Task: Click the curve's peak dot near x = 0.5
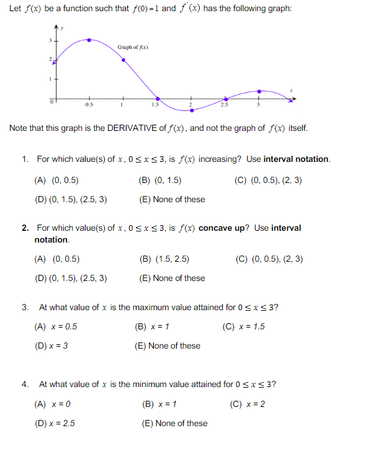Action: tap(89, 40)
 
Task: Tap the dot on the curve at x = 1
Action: tap(123, 60)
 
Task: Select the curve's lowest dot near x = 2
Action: tap(192, 110)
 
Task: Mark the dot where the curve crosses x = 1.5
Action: tap(158, 99)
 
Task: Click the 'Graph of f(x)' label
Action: tap(133, 47)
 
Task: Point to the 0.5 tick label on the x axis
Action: tap(89, 105)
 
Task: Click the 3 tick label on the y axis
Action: tap(52, 40)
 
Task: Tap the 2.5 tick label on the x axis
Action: tap(224, 105)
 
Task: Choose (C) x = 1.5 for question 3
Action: tap(243, 327)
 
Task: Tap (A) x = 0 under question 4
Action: tap(53, 404)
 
